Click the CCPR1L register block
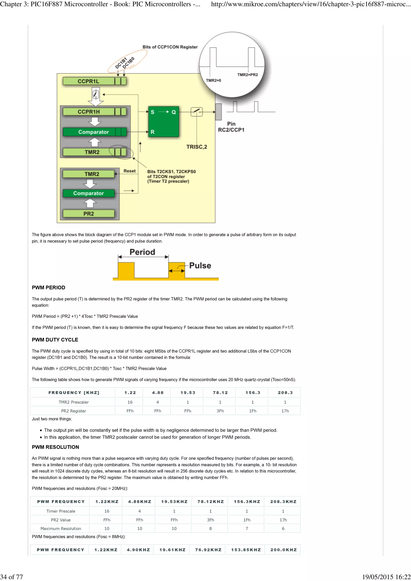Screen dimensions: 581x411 point(89,81)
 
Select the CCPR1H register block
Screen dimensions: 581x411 point(89,112)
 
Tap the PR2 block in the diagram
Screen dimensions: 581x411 point(89,214)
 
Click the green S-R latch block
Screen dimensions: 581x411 point(164,122)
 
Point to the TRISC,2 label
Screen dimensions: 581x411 point(196,147)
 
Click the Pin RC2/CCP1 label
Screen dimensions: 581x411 point(231,127)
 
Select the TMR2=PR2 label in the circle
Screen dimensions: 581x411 point(247,75)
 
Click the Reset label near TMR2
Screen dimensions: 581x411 point(129,171)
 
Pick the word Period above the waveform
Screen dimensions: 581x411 point(142,252)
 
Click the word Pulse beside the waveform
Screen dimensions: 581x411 point(200,265)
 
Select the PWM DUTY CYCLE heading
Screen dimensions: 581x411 point(55,340)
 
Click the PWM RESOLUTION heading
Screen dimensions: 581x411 point(55,447)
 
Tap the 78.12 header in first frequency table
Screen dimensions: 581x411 point(220,393)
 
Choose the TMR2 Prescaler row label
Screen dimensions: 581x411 point(73,402)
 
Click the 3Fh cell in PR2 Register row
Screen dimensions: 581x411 point(220,411)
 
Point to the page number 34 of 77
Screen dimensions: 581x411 point(12,577)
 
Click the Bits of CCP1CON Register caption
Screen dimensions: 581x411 point(170,47)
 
